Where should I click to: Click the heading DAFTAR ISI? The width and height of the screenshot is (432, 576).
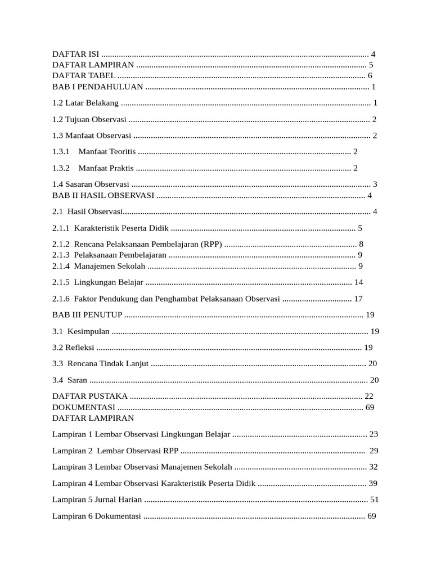(75, 55)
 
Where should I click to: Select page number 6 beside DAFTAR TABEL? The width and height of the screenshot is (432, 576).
(370, 76)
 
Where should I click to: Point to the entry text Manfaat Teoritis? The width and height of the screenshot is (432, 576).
(107, 152)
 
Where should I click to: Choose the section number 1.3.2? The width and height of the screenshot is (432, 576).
(60, 168)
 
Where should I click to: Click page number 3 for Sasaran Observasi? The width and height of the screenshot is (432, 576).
(375, 184)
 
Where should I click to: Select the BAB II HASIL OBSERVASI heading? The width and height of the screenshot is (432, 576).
(103, 195)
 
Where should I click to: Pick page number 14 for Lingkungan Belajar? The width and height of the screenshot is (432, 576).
(359, 282)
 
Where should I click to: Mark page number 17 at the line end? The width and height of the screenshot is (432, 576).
(358, 299)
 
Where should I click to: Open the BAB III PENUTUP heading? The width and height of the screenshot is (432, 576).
(87, 315)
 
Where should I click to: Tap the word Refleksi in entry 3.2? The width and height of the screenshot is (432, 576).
(80, 348)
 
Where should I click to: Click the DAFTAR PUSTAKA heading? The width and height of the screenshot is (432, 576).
(90, 397)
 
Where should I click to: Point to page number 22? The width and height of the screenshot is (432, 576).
(369, 397)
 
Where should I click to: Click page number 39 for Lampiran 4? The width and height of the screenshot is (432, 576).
(373, 484)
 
